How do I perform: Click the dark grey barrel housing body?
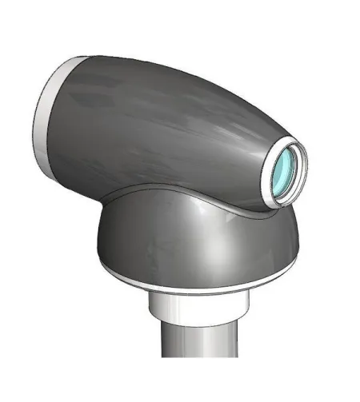(160, 128)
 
